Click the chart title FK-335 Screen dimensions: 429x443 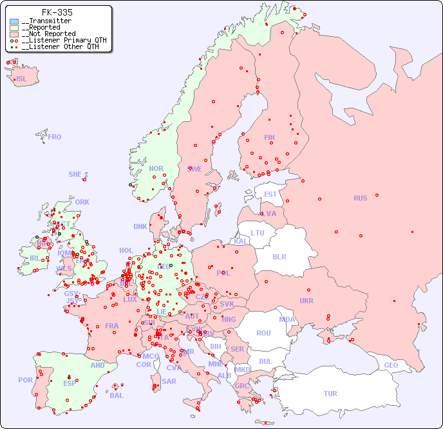coord(57,12)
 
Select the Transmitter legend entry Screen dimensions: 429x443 coord(46,21)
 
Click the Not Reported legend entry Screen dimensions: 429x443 coord(48,34)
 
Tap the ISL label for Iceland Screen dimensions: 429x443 coord(22,79)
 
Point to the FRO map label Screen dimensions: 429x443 coord(55,137)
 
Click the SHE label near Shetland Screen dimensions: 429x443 coord(75,174)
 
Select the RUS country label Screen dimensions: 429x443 coord(360,198)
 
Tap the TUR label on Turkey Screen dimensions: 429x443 coord(330,394)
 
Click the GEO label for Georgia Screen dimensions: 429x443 coord(391,365)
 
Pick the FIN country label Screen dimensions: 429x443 coord(269,137)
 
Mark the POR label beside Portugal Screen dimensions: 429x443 coord(25,380)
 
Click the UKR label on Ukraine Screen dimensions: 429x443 coord(306,301)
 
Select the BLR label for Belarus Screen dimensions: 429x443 coord(279,256)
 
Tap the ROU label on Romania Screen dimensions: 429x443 coord(263,333)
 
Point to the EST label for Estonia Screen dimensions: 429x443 coord(270,194)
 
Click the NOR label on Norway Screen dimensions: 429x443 coord(156,168)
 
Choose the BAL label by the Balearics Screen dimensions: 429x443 coord(116,395)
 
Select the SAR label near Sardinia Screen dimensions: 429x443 coord(169,381)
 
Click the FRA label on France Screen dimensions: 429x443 coord(112,326)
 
